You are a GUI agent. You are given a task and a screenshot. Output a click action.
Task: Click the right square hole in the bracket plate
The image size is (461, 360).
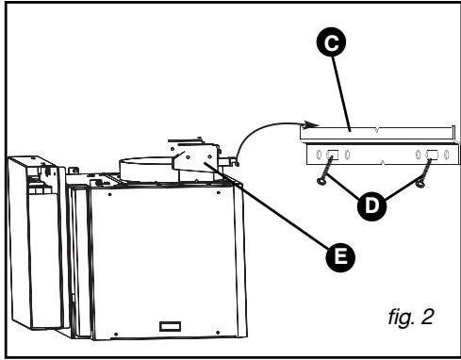click(x=431, y=155)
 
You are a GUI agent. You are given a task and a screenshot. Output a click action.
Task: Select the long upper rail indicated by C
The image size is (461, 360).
click(x=377, y=130)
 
